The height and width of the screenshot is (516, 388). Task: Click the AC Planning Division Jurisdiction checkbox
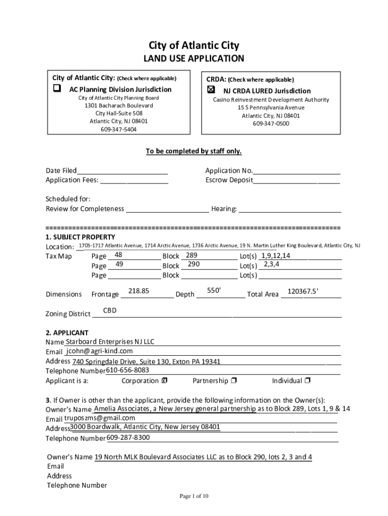(x=57, y=89)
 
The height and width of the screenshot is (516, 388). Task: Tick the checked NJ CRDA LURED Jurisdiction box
(x=211, y=90)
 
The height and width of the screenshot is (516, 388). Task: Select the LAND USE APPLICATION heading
(x=193, y=59)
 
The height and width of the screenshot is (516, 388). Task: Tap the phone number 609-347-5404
(x=118, y=130)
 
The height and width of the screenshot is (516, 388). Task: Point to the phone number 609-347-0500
(x=271, y=123)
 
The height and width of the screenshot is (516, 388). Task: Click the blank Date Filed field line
(x=122, y=171)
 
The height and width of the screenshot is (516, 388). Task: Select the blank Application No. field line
(x=297, y=171)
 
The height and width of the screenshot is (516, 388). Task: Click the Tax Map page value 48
(x=119, y=255)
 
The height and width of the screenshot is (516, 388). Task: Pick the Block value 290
(x=194, y=264)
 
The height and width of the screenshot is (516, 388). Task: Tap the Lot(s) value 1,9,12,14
(x=276, y=255)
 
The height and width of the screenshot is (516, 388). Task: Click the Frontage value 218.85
(x=139, y=291)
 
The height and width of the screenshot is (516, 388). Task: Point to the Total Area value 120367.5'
(x=302, y=291)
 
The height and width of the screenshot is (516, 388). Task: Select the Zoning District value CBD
(x=110, y=310)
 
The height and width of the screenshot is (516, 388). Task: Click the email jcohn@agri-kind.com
(x=99, y=351)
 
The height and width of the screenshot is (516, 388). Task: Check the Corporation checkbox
(x=165, y=380)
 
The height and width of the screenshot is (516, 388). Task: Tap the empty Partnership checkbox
(x=234, y=380)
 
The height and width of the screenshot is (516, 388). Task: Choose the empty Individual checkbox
(x=307, y=380)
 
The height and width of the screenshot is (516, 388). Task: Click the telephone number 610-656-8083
(x=127, y=370)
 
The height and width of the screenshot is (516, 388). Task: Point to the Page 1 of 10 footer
(x=194, y=496)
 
